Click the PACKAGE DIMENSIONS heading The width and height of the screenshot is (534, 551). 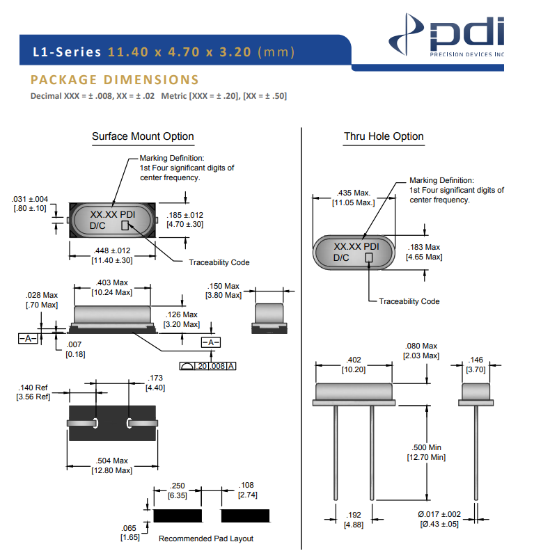(x=115, y=80)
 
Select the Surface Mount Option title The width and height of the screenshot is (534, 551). (x=143, y=136)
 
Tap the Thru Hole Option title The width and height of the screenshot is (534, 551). (x=384, y=136)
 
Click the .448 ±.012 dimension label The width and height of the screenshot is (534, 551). (x=112, y=255)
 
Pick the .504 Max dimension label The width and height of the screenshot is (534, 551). (x=112, y=465)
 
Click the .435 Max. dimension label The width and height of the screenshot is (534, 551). (x=354, y=198)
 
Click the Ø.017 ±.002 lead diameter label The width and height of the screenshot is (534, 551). (x=439, y=518)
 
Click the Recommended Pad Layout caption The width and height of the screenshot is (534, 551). (x=206, y=538)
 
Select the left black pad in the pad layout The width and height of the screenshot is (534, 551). (x=178, y=516)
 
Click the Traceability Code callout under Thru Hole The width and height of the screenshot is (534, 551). (x=409, y=301)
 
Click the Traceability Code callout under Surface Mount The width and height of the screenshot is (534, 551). (x=219, y=262)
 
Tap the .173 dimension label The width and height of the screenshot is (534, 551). (x=155, y=383)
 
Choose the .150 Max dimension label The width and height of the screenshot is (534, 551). (x=223, y=291)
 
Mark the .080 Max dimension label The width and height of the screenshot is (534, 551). (x=421, y=351)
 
